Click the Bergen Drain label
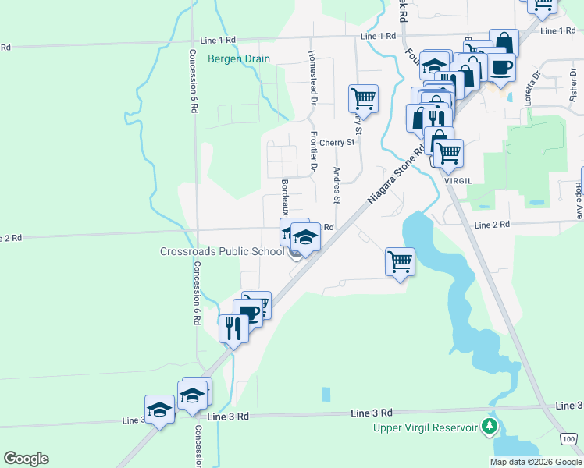point(238,58)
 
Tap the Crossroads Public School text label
point(222,251)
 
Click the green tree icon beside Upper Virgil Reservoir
point(489,426)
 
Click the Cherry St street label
point(337,143)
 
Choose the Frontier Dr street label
point(312,151)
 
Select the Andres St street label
point(337,185)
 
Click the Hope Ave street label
point(579,200)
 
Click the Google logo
point(26,459)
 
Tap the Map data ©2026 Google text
point(536,462)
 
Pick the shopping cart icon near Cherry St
point(363,99)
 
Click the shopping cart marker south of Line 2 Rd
point(400,262)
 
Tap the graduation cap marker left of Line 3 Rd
point(159,410)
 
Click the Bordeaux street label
point(286,199)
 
